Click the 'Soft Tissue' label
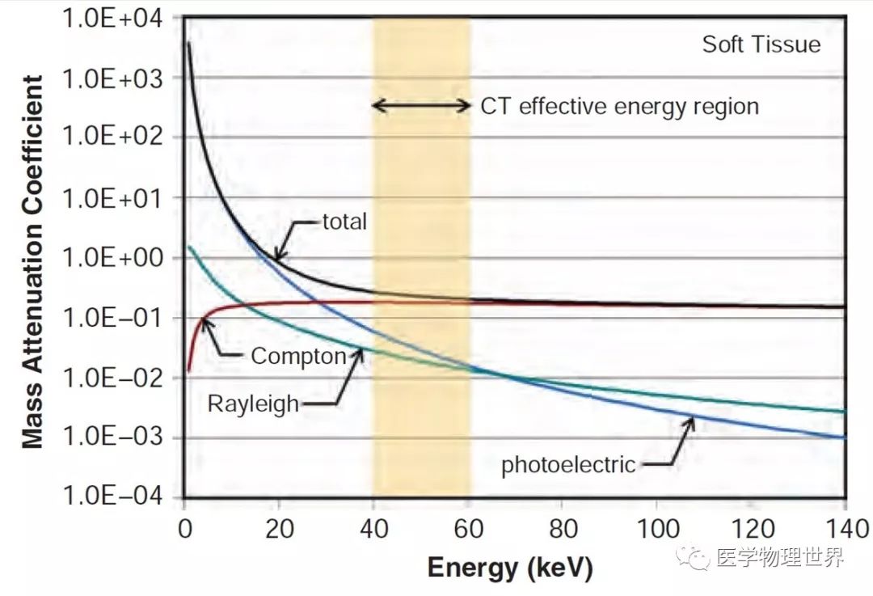(x=761, y=44)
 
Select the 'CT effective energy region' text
(x=620, y=107)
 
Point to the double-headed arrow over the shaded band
(x=421, y=105)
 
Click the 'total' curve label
(x=344, y=221)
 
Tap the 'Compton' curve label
(x=298, y=356)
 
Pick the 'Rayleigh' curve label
(x=253, y=404)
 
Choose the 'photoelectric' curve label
(x=568, y=465)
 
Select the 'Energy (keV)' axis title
(x=509, y=568)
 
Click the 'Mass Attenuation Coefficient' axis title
(x=32, y=261)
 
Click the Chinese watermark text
(x=779, y=557)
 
